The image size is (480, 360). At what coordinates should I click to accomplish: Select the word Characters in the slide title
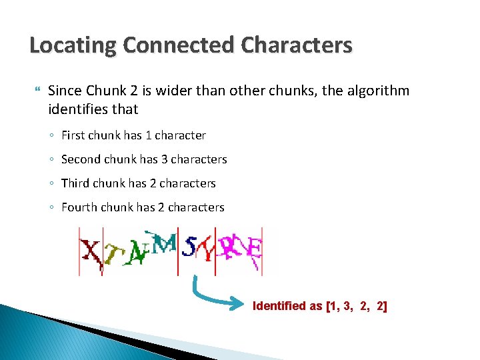pyautogui.click(x=297, y=46)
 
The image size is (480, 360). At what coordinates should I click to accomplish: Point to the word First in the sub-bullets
pyautogui.click(x=73, y=135)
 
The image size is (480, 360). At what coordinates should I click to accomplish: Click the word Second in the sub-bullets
pyautogui.click(x=79, y=159)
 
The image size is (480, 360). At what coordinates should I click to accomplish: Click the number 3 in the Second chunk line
pyautogui.click(x=163, y=159)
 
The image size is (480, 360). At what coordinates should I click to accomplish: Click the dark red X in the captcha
pyautogui.click(x=91, y=252)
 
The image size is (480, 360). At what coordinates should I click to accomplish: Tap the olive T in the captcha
pyautogui.click(x=115, y=254)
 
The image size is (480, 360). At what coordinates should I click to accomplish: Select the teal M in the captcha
pyautogui.click(x=165, y=243)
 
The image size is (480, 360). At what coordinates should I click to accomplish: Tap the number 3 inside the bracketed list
pyautogui.click(x=347, y=306)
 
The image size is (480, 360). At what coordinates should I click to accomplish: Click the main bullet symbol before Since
pyautogui.click(x=36, y=90)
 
